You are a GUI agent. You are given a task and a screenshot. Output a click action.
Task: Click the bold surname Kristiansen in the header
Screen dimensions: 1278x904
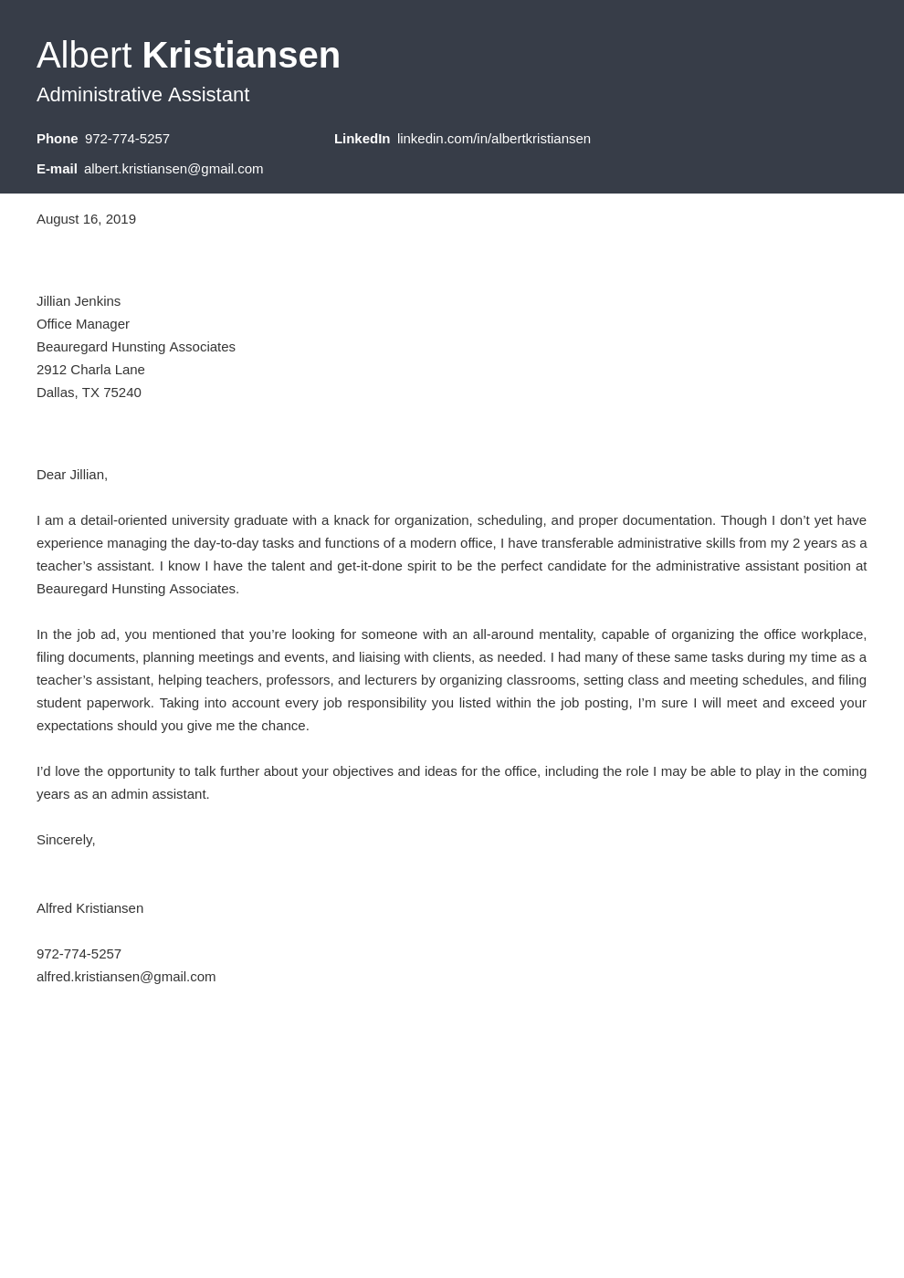tap(241, 56)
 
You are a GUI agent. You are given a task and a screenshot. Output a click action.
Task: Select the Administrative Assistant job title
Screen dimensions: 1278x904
tap(142, 95)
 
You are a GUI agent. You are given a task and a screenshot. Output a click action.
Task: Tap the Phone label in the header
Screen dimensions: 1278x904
tap(57, 139)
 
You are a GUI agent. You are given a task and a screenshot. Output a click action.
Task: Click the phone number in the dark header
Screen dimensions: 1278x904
tap(127, 139)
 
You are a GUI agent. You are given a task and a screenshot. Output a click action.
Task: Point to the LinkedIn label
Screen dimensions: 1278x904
tap(362, 139)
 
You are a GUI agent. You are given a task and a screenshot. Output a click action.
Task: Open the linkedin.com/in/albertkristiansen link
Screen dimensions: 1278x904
tap(493, 139)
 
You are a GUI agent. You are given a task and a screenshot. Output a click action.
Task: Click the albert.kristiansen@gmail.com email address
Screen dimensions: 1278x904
tap(173, 169)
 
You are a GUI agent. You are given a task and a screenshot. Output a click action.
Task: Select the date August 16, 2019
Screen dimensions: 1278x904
tap(86, 219)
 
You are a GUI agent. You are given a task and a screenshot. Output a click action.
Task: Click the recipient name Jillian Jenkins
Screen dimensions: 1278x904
tap(79, 301)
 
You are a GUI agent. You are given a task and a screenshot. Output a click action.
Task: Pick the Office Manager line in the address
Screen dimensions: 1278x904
tap(83, 324)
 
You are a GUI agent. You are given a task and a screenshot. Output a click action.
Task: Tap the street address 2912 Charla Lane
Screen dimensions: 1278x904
tap(90, 370)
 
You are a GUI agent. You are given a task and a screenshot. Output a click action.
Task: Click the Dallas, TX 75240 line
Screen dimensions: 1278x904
tap(89, 393)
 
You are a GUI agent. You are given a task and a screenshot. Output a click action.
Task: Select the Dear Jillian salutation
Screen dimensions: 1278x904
tap(72, 475)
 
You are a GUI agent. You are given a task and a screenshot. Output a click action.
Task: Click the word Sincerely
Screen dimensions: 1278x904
tap(66, 840)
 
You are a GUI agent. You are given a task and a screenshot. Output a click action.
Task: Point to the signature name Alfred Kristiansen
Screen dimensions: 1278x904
tap(89, 908)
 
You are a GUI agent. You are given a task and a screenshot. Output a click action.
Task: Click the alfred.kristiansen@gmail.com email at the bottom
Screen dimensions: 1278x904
tap(126, 977)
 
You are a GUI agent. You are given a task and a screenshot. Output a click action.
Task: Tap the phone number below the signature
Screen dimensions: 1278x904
tap(79, 954)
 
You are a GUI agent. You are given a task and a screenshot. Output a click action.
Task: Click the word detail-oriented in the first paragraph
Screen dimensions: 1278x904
tap(123, 520)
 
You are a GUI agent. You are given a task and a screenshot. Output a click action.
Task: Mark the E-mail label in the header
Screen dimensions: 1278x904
tap(57, 169)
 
